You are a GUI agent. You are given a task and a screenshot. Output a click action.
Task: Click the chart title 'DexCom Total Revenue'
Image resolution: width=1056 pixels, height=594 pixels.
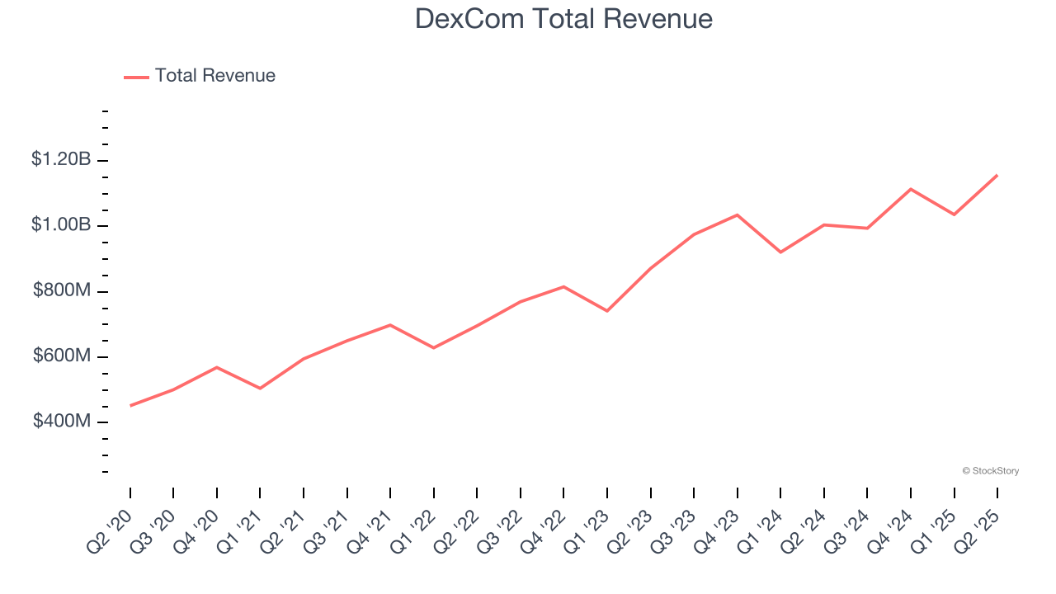coord(563,19)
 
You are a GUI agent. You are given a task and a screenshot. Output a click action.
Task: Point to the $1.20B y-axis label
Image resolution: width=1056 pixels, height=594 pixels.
coord(61,159)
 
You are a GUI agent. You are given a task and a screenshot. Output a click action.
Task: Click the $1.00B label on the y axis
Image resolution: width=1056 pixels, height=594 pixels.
coord(61,224)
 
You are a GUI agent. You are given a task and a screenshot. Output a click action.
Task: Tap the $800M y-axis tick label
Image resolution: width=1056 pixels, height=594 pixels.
coord(62,290)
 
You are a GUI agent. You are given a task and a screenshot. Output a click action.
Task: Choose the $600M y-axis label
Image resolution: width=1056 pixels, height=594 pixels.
coord(62,356)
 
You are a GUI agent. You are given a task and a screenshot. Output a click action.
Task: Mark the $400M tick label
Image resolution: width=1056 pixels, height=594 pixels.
coord(62,422)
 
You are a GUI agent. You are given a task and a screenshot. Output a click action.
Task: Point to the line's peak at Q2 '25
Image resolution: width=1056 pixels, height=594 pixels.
coord(997,175)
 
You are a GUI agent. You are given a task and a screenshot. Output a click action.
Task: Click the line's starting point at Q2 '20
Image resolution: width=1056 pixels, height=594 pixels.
coord(130,406)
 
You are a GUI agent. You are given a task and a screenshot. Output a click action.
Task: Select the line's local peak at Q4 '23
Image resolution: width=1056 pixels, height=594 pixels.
coord(737,214)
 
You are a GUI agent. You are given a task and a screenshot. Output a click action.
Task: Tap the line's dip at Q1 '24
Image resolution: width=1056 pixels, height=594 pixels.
coord(780,252)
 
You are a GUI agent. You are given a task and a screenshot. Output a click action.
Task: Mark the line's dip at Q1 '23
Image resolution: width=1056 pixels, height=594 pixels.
coord(607,311)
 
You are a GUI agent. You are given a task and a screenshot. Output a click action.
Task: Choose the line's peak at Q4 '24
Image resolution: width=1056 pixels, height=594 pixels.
coord(911,189)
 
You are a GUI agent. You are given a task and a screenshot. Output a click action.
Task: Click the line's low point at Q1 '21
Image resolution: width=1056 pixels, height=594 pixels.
coord(260,389)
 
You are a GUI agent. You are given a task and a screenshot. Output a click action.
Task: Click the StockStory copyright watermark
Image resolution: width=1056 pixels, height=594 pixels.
coord(990,471)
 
